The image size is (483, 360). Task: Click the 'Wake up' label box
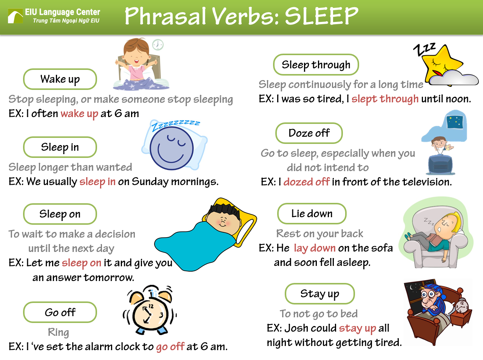tap(60, 79)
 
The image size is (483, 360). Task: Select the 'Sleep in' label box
tap(60, 147)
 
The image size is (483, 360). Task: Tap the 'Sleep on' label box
tap(60, 214)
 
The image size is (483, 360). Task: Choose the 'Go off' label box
tap(60, 312)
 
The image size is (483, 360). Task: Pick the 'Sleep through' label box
tap(316, 65)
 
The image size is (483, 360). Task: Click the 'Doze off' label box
tap(309, 133)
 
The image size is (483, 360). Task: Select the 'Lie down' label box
tap(312, 214)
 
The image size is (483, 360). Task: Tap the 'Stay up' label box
tap(319, 294)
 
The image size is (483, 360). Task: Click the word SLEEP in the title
tap(321, 16)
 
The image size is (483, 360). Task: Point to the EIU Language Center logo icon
tap(15, 16)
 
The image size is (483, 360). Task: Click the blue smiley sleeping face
tap(172, 148)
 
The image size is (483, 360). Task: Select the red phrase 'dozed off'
tap(307, 182)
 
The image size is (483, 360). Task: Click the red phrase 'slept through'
tap(385, 99)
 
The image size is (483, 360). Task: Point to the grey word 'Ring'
tap(59, 332)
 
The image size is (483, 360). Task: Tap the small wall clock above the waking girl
tap(158, 45)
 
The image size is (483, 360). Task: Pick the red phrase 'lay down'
tap(315, 248)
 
